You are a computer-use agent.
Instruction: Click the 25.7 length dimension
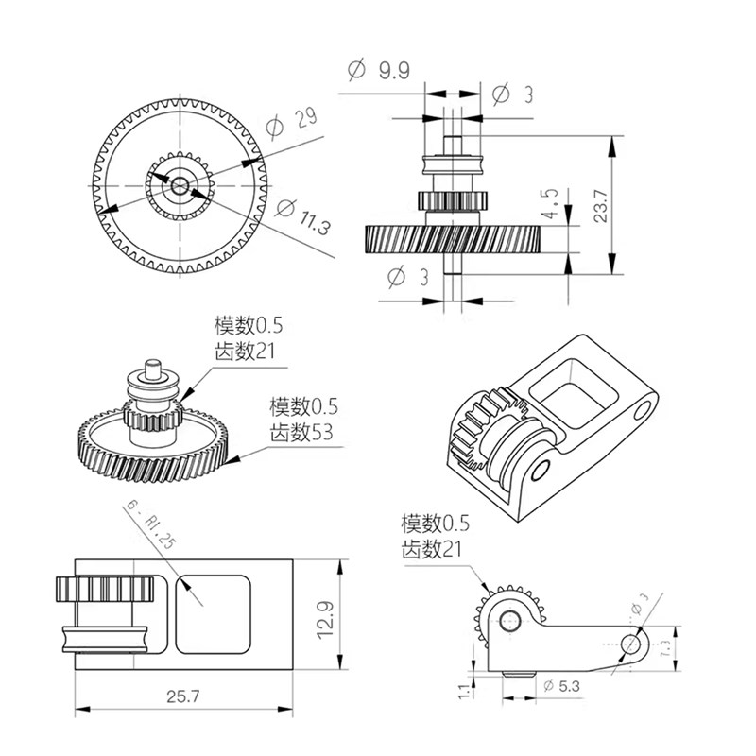[184, 696]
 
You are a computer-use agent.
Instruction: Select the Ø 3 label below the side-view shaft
[408, 276]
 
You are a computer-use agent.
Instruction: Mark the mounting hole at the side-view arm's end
[631, 644]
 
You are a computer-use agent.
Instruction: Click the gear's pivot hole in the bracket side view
[510, 620]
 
